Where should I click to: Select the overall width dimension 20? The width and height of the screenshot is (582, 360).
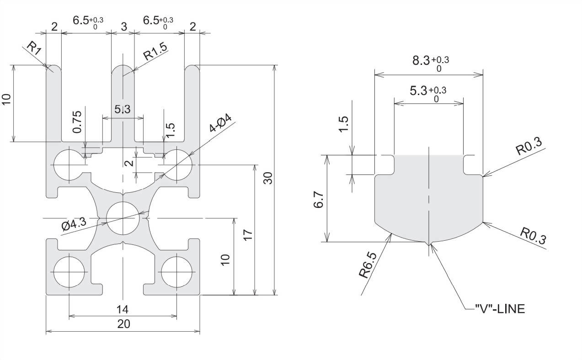(x=123, y=324)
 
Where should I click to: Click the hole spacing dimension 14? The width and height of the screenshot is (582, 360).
(x=123, y=309)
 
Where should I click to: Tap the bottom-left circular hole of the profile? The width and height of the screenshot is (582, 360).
(x=69, y=272)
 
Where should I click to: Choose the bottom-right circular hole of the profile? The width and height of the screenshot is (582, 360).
(x=176, y=272)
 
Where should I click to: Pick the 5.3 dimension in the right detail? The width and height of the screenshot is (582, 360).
(x=419, y=91)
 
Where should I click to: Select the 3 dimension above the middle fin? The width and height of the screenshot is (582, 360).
(x=123, y=26)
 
